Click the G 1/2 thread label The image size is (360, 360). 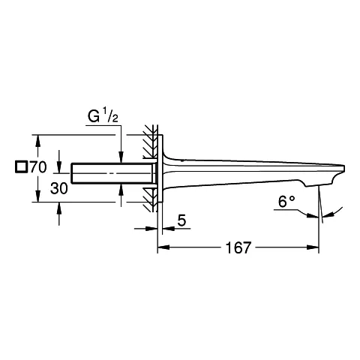(x=103, y=118)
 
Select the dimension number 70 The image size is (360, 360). (x=38, y=166)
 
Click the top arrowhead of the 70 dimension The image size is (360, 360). (x=35, y=139)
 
